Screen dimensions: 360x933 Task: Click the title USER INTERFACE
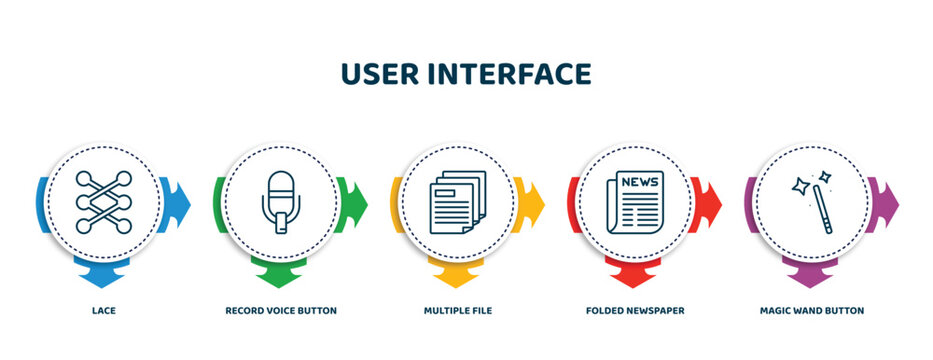tap(466, 74)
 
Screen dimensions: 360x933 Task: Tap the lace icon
tap(103, 203)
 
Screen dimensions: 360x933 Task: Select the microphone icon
tap(281, 203)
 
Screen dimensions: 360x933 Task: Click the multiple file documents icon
tap(457, 203)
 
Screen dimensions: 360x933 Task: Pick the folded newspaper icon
tap(635, 203)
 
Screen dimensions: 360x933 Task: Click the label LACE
tap(103, 311)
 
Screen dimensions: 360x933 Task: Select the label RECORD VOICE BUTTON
tap(281, 311)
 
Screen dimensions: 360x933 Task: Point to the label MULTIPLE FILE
tap(457, 311)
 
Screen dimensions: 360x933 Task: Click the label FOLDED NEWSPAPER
tap(635, 311)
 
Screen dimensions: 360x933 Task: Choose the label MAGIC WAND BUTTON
tap(812, 311)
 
